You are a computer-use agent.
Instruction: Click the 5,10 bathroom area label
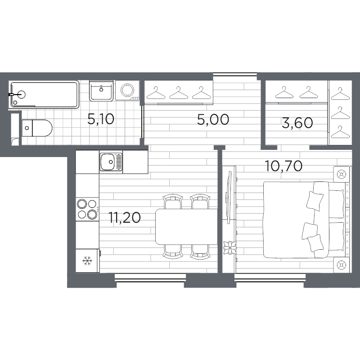click(101, 119)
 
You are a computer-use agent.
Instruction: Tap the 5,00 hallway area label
click(213, 119)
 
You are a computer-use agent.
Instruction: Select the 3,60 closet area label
click(297, 123)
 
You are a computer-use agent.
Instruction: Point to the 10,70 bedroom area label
click(283, 166)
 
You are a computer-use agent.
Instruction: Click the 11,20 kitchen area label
click(125, 218)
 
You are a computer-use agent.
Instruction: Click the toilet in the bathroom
click(37, 128)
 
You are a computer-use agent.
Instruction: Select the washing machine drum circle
click(127, 90)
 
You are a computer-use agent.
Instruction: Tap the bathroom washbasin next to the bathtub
click(101, 91)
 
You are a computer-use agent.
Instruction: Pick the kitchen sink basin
click(108, 162)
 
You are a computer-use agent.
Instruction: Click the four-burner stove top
click(87, 209)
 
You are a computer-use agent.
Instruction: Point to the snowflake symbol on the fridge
click(87, 261)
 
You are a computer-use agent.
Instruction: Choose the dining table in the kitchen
click(186, 227)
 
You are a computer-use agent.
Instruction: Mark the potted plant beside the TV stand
click(230, 248)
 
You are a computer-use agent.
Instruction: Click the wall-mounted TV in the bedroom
click(229, 198)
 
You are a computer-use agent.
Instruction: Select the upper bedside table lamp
click(342, 175)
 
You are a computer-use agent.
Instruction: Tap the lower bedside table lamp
click(342, 265)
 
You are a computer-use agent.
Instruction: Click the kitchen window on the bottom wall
click(150, 278)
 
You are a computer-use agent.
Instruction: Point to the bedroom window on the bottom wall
click(270, 278)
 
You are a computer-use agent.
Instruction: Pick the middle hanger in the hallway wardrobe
click(178, 93)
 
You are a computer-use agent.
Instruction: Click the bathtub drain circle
click(15, 103)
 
